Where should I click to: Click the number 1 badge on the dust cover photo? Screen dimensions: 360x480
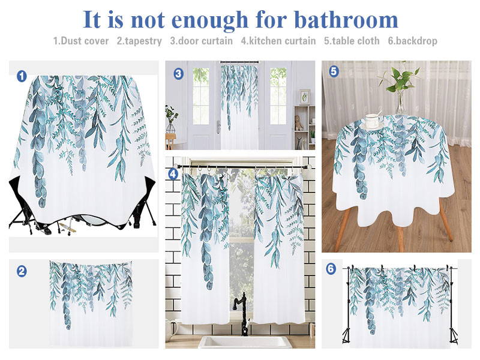(22, 76)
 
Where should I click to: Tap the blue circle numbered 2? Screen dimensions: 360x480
(22, 271)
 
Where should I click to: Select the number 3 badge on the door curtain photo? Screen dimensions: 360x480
(178, 74)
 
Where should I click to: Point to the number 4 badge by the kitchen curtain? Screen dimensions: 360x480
(174, 175)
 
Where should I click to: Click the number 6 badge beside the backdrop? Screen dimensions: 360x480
(331, 269)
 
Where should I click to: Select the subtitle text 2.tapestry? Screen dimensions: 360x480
(139, 41)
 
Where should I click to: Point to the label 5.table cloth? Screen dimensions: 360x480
(352, 41)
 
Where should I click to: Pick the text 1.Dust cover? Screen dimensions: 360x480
(81, 41)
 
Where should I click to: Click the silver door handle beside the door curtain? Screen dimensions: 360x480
(218, 124)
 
